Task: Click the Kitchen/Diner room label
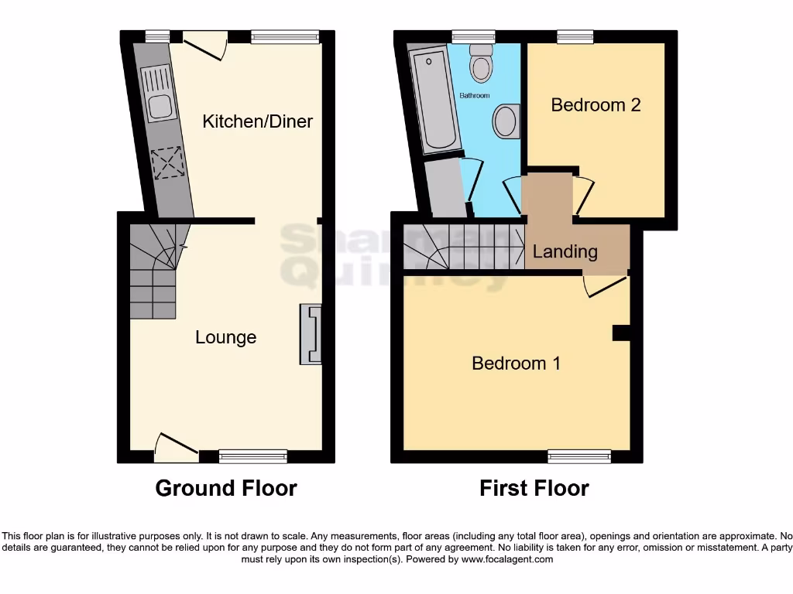click(x=257, y=121)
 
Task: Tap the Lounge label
click(x=225, y=337)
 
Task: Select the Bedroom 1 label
click(x=516, y=363)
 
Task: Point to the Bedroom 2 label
click(x=596, y=104)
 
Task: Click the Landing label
click(x=565, y=251)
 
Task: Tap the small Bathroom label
click(x=475, y=96)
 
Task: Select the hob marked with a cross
click(x=165, y=163)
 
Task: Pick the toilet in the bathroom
click(x=481, y=62)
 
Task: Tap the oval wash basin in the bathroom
click(x=506, y=121)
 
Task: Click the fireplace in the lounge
click(x=311, y=333)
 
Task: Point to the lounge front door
click(x=175, y=447)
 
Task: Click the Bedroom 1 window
click(x=579, y=456)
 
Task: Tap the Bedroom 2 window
click(x=575, y=36)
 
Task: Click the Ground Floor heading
click(x=225, y=489)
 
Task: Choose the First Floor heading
click(x=534, y=489)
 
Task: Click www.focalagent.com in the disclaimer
click(x=508, y=559)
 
